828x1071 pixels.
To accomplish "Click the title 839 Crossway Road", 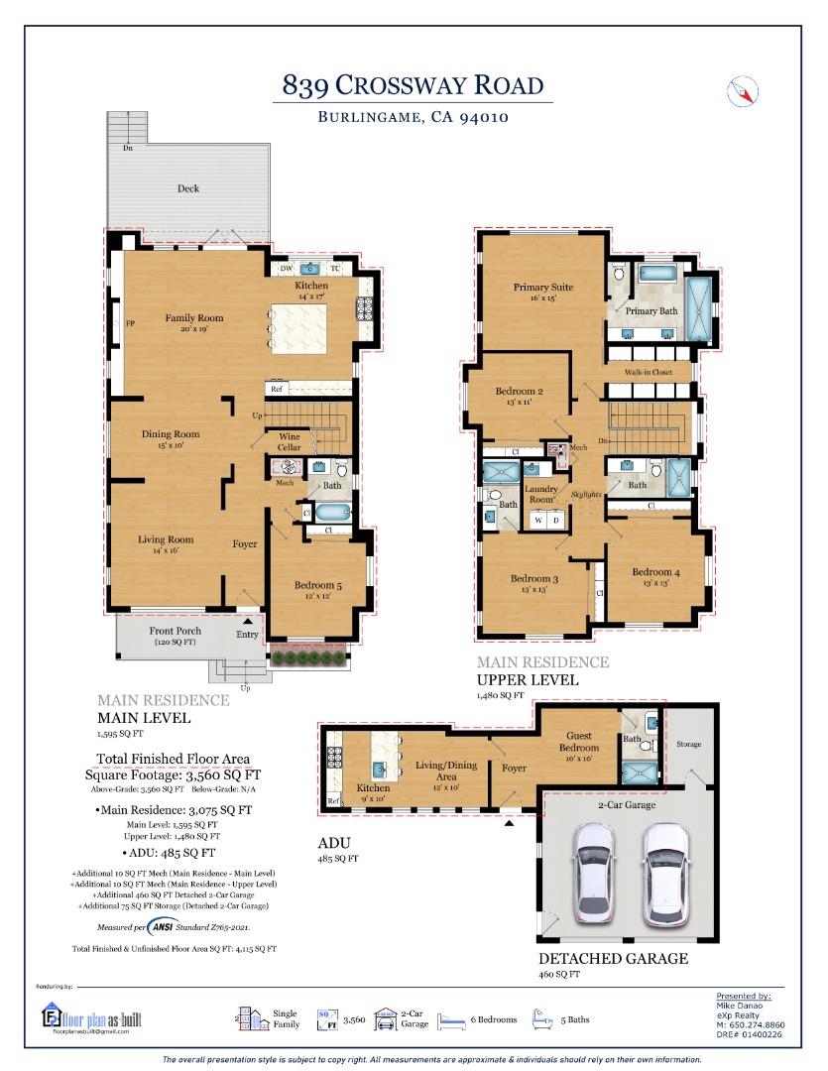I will pyautogui.click(x=413, y=85).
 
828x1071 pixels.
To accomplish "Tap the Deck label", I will pyautogui.click(x=188, y=188).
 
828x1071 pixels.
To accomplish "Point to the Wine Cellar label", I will pyautogui.click(x=289, y=442).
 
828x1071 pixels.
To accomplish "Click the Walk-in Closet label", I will pyautogui.click(x=649, y=372).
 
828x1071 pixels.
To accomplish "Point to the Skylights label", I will pyautogui.click(x=586, y=493).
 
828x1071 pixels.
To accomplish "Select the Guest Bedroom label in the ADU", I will pyautogui.click(x=578, y=741).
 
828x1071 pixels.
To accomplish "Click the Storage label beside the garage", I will pyautogui.click(x=688, y=744).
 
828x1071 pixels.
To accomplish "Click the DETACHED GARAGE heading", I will pyautogui.click(x=613, y=959).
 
